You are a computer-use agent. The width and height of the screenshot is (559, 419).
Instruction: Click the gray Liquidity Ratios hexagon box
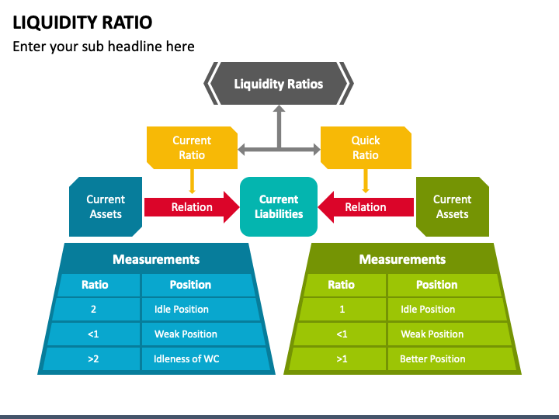point(279,83)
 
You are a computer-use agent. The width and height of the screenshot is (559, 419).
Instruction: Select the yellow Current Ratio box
point(193,147)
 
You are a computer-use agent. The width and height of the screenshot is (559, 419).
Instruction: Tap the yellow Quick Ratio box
point(366,147)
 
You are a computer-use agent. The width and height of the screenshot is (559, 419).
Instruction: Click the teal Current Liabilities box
point(279,206)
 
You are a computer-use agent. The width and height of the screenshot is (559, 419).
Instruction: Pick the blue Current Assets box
point(106,206)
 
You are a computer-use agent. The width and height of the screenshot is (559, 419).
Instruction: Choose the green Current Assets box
point(453,206)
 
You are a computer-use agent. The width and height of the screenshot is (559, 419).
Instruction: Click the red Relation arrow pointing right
point(192,207)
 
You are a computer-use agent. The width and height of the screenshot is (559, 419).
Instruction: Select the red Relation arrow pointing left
point(366,207)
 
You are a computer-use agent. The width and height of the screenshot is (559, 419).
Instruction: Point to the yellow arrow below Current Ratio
point(193,182)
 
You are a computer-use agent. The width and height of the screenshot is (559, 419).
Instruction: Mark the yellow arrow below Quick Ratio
point(366,181)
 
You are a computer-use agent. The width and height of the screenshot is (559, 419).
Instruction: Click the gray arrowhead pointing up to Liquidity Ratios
point(279,109)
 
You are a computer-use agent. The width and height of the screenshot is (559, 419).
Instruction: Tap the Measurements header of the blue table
point(156,259)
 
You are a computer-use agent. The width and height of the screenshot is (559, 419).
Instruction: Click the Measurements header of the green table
point(402,259)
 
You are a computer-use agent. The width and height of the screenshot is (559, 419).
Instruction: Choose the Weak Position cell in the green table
point(449,334)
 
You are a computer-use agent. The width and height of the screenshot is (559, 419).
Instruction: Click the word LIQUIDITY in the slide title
point(54,23)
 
